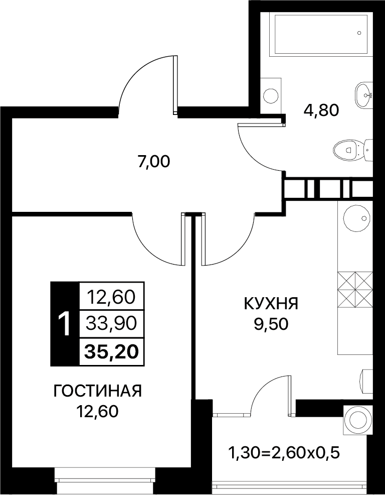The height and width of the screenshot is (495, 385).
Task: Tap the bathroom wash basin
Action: click(364, 94)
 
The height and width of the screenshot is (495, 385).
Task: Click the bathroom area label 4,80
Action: click(321, 111)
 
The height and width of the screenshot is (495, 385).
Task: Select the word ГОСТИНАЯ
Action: click(98, 392)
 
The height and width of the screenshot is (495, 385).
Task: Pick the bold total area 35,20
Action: click(112, 352)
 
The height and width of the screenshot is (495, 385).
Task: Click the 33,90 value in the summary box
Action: click(112, 324)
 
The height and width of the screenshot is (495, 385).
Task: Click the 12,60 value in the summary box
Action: click(112, 297)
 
